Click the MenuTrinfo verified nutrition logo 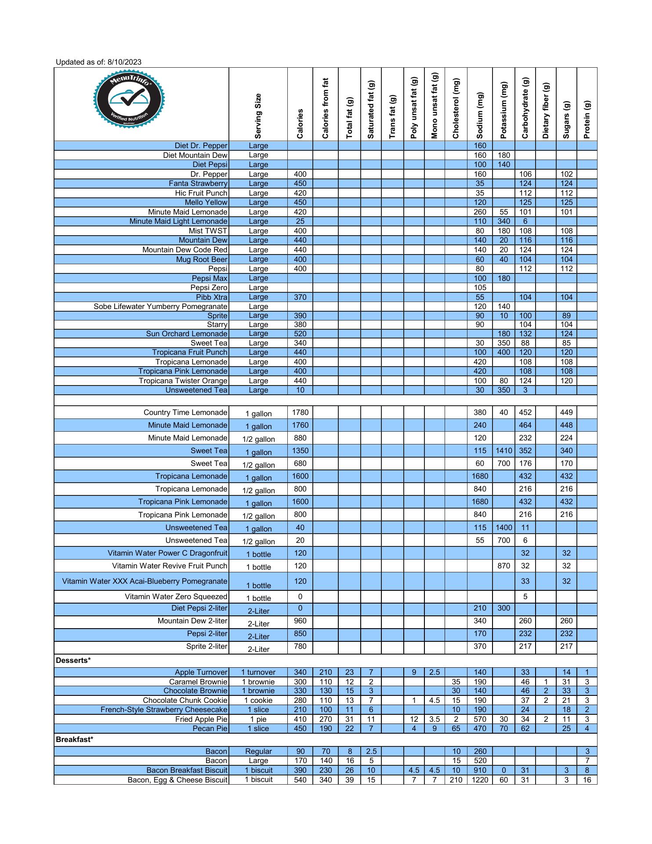129,100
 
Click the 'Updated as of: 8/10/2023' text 98,62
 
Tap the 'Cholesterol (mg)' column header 456,108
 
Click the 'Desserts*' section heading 73,660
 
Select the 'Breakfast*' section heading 75,739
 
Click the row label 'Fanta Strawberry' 198,183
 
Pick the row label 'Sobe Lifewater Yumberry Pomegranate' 161,306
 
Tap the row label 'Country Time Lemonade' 185,412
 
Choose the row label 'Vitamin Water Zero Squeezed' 176,597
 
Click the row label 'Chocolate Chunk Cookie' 185,700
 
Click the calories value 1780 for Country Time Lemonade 300,412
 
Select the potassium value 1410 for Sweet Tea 503,451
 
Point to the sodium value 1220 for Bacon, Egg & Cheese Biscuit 480,780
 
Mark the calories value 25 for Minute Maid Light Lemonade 300,221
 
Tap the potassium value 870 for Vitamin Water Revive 503,566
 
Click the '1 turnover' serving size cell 258,672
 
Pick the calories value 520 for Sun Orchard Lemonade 300,334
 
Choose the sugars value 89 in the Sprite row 566,316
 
